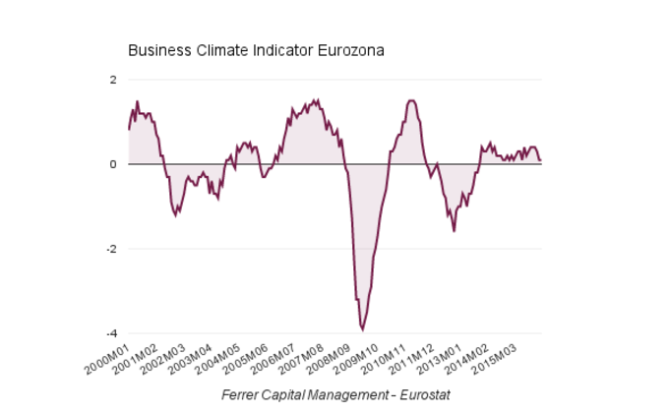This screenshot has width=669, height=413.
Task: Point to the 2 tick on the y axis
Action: coord(113,80)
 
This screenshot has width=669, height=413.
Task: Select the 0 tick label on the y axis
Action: coord(113,164)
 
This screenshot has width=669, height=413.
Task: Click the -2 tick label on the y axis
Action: coord(111,249)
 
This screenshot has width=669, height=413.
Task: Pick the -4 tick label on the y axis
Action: coord(111,333)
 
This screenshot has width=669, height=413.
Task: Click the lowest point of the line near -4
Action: coord(362,329)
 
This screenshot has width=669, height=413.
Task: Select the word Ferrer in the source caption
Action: coord(242,394)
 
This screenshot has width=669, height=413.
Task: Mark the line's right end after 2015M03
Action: coord(540,160)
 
